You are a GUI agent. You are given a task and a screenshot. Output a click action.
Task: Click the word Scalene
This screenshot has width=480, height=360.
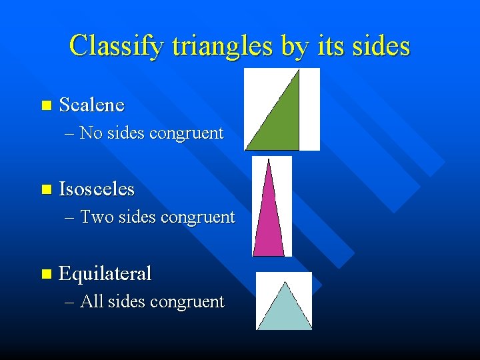(x=91, y=105)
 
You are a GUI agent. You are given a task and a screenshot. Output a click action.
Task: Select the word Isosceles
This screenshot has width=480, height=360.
(x=97, y=189)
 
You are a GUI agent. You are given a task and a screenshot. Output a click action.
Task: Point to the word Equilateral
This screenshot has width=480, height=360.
(x=105, y=273)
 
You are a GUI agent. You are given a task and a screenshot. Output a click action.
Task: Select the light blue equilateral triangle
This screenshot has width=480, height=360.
(x=285, y=310)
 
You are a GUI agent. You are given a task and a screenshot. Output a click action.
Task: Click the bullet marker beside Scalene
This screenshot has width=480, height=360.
(x=45, y=105)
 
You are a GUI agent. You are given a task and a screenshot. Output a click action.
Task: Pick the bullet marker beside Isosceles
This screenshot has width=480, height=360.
(x=45, y=190)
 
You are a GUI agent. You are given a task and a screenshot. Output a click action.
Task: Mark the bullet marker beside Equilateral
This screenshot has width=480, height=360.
(x=45, y=274)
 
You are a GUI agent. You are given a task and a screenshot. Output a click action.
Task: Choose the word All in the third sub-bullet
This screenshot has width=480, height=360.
(x=91, y=302)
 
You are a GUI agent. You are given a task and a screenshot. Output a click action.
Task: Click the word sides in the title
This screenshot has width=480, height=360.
(x=378, y=46)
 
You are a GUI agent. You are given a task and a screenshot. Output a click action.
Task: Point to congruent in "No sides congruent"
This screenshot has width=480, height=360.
(x=187, y=133)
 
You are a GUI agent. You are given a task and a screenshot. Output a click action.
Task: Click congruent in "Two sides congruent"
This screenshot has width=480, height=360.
(x=198, y=217)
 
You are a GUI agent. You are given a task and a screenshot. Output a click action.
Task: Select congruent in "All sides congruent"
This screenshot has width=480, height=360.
(x=187, y=302)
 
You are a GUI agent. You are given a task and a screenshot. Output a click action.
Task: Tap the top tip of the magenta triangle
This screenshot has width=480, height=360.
(x=268, y=161)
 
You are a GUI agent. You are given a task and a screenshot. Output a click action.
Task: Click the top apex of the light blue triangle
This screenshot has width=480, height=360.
(x=285, y=283)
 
